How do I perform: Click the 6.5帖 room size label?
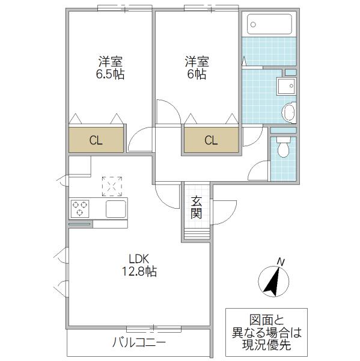110,74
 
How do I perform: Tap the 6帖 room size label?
197,74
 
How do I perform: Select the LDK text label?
139,259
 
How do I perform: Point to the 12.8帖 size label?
139,271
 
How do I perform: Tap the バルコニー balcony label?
139,343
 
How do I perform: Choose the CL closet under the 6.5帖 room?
96,140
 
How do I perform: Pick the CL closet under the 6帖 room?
211,140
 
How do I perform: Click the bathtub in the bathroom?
269,24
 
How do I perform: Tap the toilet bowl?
284,147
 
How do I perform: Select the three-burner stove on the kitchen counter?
80,209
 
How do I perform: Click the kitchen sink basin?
116,209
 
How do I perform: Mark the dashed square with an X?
112,187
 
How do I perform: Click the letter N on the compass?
281,262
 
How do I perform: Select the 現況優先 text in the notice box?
266,345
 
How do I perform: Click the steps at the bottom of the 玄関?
197,233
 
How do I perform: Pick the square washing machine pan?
287,86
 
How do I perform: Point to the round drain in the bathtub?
253,25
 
